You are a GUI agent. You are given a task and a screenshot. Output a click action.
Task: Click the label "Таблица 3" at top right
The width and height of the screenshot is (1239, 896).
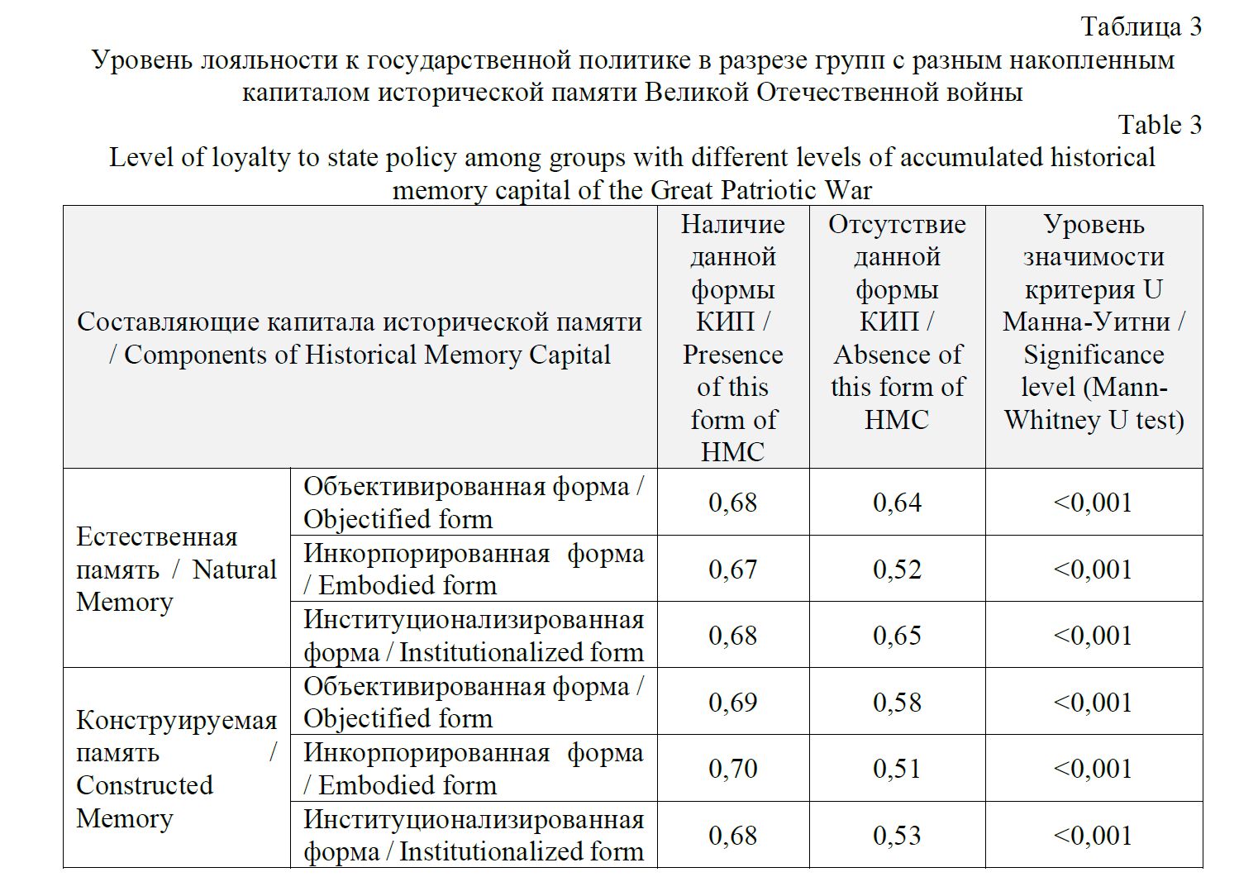1141,26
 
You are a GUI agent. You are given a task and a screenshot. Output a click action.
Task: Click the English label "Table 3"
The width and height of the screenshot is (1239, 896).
1159,125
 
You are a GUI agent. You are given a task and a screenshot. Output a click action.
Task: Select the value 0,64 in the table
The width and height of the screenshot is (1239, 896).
897,503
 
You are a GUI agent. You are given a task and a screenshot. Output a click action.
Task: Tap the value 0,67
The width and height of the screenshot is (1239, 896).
732,570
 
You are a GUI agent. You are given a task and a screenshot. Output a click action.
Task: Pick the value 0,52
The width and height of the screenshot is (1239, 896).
897,570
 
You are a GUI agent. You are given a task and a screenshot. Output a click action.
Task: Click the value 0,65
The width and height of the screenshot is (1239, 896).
897,636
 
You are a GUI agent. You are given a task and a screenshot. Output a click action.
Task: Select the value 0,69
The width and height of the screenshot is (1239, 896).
732,703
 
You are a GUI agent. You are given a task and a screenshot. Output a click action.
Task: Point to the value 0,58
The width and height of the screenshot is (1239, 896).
897,703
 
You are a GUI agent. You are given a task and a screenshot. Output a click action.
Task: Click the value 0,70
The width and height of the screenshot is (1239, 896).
732,769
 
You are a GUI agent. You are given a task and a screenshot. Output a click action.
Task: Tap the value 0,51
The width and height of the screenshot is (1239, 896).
897,769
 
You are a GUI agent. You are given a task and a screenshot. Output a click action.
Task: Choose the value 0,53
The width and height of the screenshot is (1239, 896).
897,836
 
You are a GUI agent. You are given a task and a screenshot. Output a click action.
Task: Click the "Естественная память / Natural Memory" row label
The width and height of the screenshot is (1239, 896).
176,570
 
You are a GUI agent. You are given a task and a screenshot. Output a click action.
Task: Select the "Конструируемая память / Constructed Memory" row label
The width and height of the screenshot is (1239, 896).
176,769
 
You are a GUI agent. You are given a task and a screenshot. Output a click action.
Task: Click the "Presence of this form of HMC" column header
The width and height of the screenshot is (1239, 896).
732,338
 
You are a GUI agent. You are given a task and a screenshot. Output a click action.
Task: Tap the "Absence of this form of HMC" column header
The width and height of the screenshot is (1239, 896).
897,322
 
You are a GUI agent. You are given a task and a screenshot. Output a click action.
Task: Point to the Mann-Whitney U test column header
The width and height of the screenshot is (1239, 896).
1094,322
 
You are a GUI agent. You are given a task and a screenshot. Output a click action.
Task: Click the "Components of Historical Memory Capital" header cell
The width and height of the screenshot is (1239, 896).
360,339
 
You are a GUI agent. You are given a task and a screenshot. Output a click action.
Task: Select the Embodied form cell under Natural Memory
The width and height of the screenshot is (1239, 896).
473,570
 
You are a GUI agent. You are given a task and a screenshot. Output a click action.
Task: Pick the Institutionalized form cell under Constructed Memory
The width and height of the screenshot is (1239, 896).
473,836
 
